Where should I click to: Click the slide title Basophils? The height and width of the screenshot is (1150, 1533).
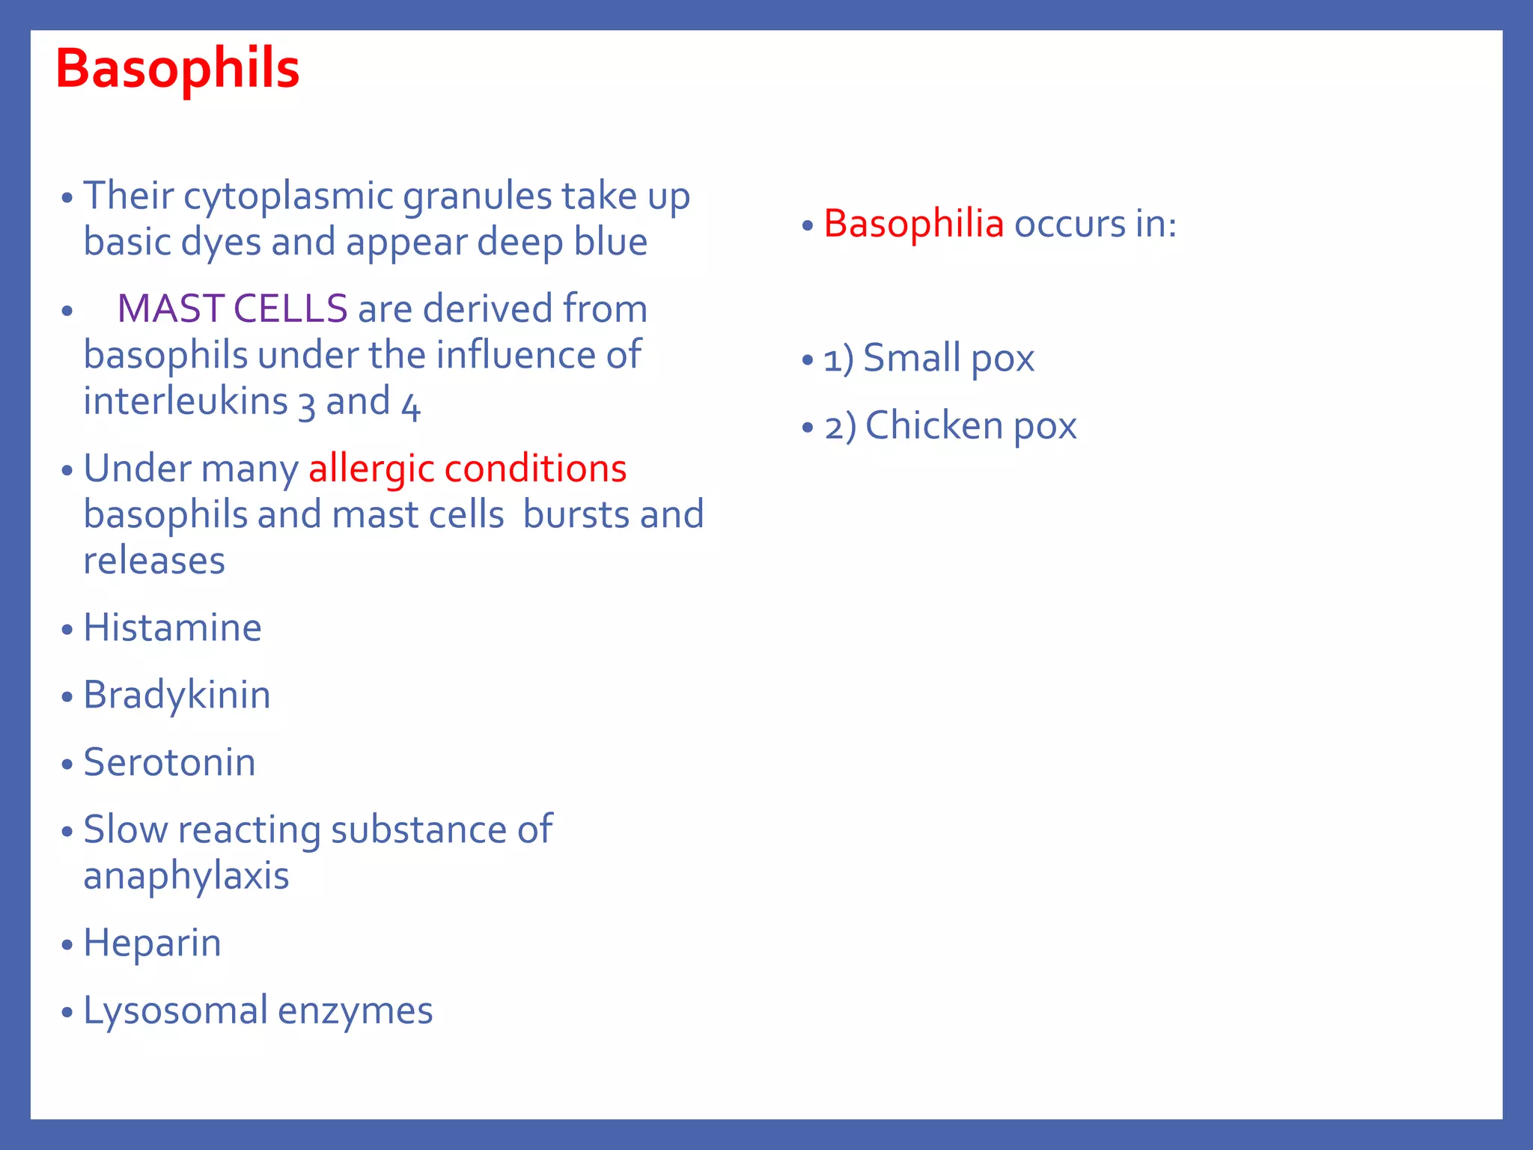point(177,69)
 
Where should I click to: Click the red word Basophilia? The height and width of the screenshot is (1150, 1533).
point(913,223)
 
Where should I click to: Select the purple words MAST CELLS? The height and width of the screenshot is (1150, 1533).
point(232,308)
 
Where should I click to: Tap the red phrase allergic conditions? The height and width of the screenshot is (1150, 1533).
point(467,469)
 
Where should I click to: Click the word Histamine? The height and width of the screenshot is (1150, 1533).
point(172,627)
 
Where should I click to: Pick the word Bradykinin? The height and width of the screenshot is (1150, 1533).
point(177,695)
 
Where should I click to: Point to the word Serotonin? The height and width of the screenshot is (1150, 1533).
point(169,762)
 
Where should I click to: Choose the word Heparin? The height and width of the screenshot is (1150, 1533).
point(152,943)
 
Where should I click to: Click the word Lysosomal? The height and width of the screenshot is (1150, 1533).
point(175,1011)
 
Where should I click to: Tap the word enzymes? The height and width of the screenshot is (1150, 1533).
point(356,1011)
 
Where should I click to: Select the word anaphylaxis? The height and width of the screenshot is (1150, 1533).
point(186,876)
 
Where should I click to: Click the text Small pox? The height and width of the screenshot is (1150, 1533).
point(948,358)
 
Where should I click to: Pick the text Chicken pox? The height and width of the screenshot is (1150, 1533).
point(971,426)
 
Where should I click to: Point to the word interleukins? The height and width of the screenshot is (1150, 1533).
point(185,401)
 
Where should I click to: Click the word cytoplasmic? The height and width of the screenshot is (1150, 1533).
point(288,196)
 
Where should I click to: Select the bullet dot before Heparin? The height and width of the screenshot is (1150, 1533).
point(67,945)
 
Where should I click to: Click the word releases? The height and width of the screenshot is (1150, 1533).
point(153,561)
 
